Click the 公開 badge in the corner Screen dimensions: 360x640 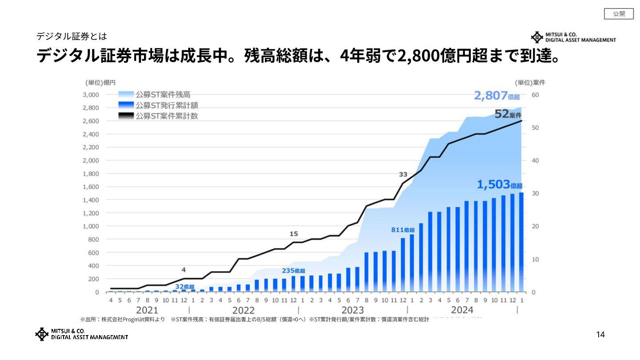pos(619,14)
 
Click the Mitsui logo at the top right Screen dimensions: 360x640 pos(574,37)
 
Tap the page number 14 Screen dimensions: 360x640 pos(600,335)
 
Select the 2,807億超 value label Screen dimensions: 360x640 pos(497,96)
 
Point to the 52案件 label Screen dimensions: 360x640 pos(508,114)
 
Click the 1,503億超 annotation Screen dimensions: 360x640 pos(500,184)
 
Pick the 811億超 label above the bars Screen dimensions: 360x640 pos(403,230)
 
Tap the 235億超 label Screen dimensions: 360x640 pos(293,271)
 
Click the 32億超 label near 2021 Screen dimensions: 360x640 pos(184,287)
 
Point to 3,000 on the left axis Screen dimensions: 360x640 pos(91,95)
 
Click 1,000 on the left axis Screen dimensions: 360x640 pos(91,226)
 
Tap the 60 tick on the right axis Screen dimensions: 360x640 pos(535,95)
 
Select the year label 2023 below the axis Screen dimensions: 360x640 pos(352,310)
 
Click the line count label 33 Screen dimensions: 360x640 pos(403,174)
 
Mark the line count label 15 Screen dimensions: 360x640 pos(294,234)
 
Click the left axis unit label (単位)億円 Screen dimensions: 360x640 pos(100,83)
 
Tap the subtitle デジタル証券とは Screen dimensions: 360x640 pos(72,36)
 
